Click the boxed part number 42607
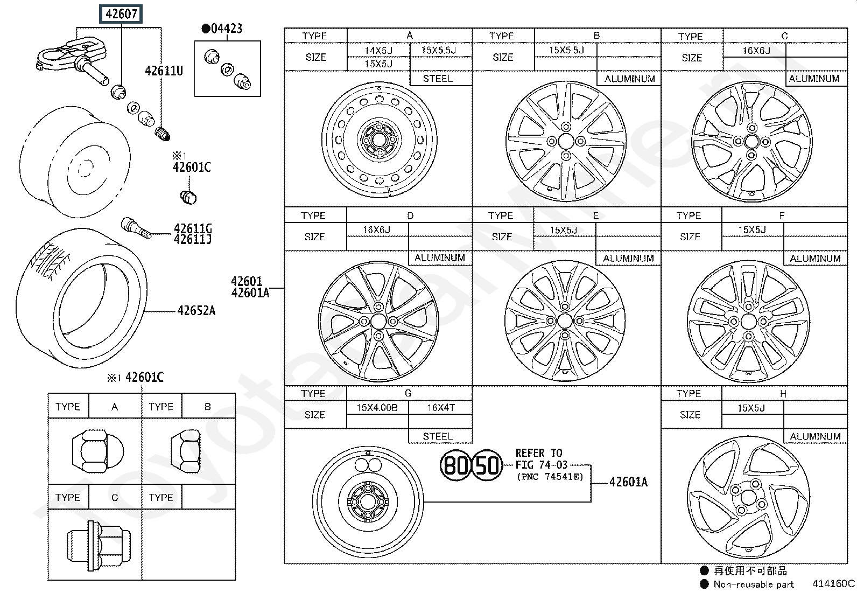click(121, 14)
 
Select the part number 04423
click(227, 29)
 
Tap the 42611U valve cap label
click(164, 71)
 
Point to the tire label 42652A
click(196, 311)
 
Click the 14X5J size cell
click(378, 51)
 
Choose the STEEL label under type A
click(438, 79)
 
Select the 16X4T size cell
click(441, 408)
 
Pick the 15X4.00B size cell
click(377, 408)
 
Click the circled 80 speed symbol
click(455, 465)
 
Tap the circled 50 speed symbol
click(487, 465)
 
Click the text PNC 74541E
click(550, 477)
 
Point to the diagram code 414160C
click(833, 583)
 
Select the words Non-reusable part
click(753, 584)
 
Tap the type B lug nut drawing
click(186, 451)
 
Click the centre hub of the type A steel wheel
click(379, 140)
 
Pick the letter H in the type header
click(783, 394)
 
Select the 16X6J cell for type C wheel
click(756, 51)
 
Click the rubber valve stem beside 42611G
click(136, 228)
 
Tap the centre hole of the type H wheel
click(748, 497)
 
